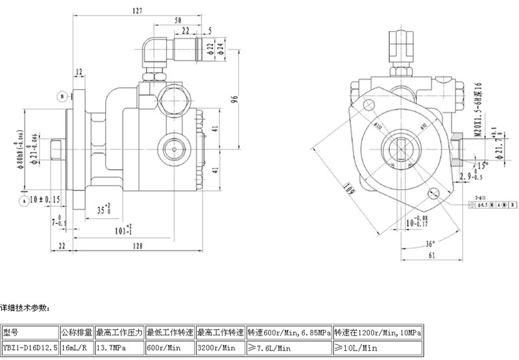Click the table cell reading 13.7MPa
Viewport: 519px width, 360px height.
pyautogui.click(x=119, y=348)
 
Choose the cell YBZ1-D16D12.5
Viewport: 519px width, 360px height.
pyautogui.click(x=30, y=348)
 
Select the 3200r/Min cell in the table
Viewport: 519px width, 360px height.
pyautogui.click(x=221, y=348)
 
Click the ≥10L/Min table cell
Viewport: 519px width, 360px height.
pyautogui.click(x=379, y=348)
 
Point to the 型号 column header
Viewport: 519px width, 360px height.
pyautogui.click(x=30, y=333)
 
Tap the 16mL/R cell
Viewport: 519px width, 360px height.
pyautogui.click(x=77, y=348)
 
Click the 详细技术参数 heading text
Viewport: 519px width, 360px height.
pyautogui.click(x=26, y=307)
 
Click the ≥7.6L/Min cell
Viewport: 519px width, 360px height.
pyautogui.click(x=289, y=348)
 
